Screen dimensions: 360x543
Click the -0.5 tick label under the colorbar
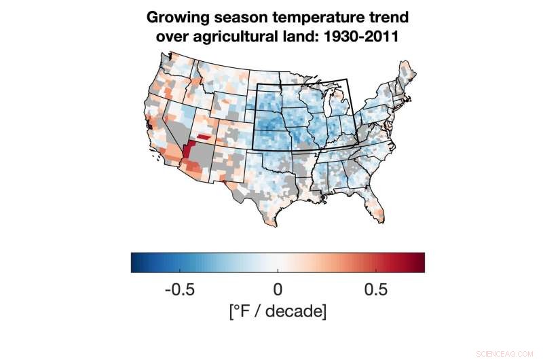coord(180,289)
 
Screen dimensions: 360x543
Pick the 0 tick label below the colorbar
coord(278,289)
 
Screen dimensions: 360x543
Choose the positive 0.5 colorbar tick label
coord(375,289)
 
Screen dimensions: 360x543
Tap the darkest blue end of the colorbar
coord(134,262)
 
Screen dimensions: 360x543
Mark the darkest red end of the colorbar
coord(421,262)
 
